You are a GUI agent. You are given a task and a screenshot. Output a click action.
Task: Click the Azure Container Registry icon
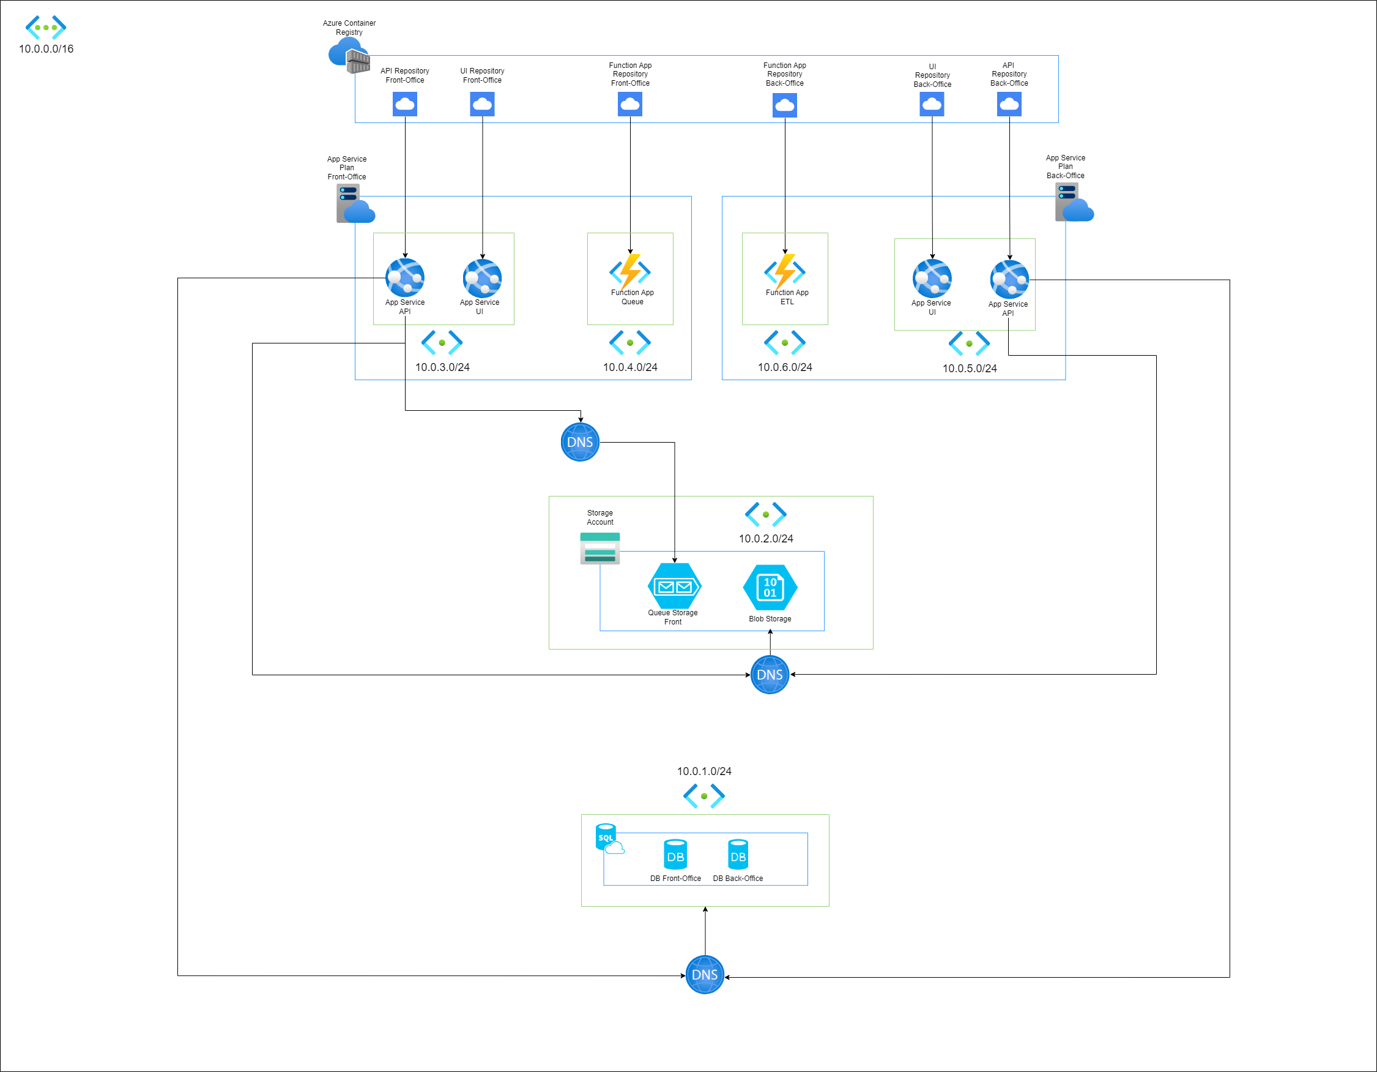click(x=349, y=55)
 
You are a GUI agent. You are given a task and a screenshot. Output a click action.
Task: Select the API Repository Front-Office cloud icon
click(x=405, y=104)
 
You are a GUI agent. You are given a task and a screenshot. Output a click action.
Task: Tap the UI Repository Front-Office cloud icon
click(x=482, y=104)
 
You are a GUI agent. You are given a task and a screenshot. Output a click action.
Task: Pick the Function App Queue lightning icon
click(x=630, y=271)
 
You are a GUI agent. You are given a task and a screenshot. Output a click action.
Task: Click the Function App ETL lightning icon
click(x=785, y=271)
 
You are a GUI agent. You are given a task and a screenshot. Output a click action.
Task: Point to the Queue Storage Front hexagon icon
click(x=674, y=586)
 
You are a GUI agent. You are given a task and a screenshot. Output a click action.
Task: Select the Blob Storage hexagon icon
click(x=770, y=587)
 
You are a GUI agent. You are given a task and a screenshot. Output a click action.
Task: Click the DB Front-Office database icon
click(x=675, y=855)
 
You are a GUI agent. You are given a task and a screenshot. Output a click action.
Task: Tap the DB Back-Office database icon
click(x=738, y=855)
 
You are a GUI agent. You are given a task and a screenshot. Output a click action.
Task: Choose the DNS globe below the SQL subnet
click(x=704, y=975)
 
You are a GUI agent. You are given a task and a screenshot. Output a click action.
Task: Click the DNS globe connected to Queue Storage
click(x=580, y=442)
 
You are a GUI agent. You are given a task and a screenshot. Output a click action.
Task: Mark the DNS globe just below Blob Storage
click(x=770, y=675)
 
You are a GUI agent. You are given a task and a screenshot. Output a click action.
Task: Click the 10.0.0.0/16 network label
click(x=46, y=48)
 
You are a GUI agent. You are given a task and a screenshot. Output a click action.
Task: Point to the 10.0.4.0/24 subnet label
click(x=630, y=367)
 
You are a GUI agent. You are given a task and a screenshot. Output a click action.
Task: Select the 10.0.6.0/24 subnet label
click(x=785, y=367)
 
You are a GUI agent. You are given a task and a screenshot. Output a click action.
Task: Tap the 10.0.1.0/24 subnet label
click(x=704, y=771)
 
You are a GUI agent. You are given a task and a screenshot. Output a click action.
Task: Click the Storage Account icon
click(x=599, y=548)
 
